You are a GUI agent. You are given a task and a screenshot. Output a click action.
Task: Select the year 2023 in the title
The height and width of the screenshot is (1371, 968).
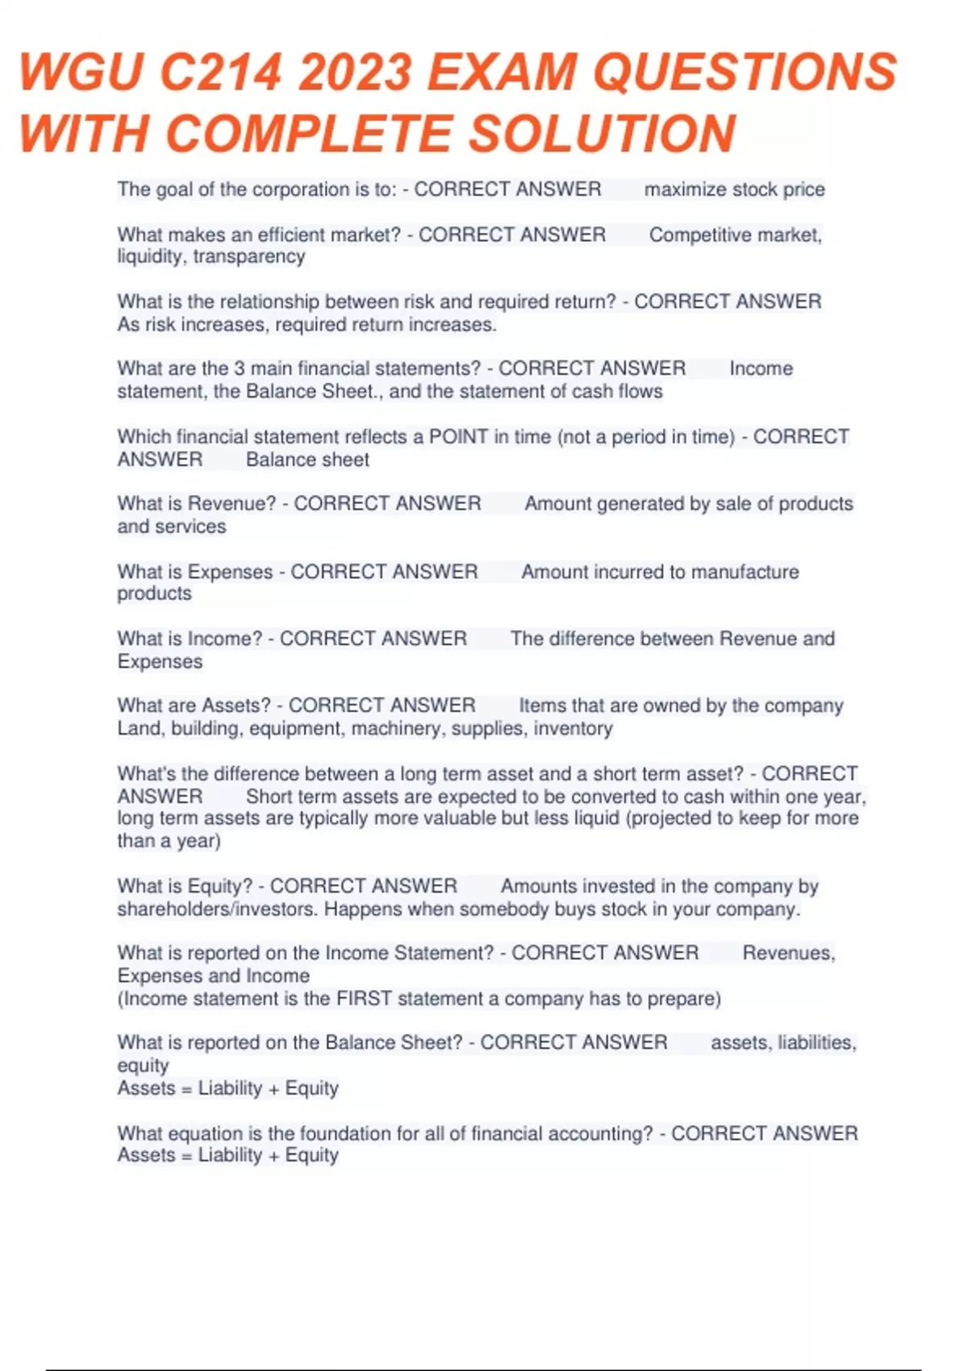coord(355,73)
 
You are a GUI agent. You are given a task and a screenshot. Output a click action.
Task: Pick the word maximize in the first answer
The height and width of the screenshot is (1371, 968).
coord(685,190)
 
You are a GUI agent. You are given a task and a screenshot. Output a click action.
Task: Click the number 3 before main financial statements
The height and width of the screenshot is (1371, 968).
coord(239,369)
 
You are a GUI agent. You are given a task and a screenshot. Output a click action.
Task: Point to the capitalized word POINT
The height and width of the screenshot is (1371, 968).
coord(458,436)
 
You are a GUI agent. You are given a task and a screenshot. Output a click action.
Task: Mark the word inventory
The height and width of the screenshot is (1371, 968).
coord(573,728)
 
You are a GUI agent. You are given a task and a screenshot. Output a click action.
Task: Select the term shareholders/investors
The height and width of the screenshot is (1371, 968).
coord(217,909)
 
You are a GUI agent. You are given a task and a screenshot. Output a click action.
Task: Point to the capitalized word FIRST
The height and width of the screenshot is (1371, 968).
coord(364,998)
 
